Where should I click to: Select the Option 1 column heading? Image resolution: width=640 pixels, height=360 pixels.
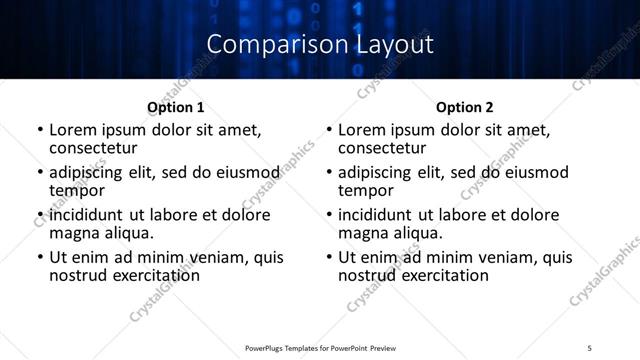(x=175, y=107)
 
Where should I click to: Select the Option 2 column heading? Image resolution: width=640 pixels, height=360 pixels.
(x=465, y=107)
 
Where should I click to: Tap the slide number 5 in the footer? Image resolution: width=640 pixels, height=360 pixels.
(x=590, y=347)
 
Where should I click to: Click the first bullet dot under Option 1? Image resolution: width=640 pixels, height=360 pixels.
(x=39, y=130)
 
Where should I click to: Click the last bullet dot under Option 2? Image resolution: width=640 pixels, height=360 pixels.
(x=328, y=258)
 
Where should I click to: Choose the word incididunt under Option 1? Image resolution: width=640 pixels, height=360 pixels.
(x=85, y=215)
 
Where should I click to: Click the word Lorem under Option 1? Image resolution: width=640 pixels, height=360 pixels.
(x=70, y=130)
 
